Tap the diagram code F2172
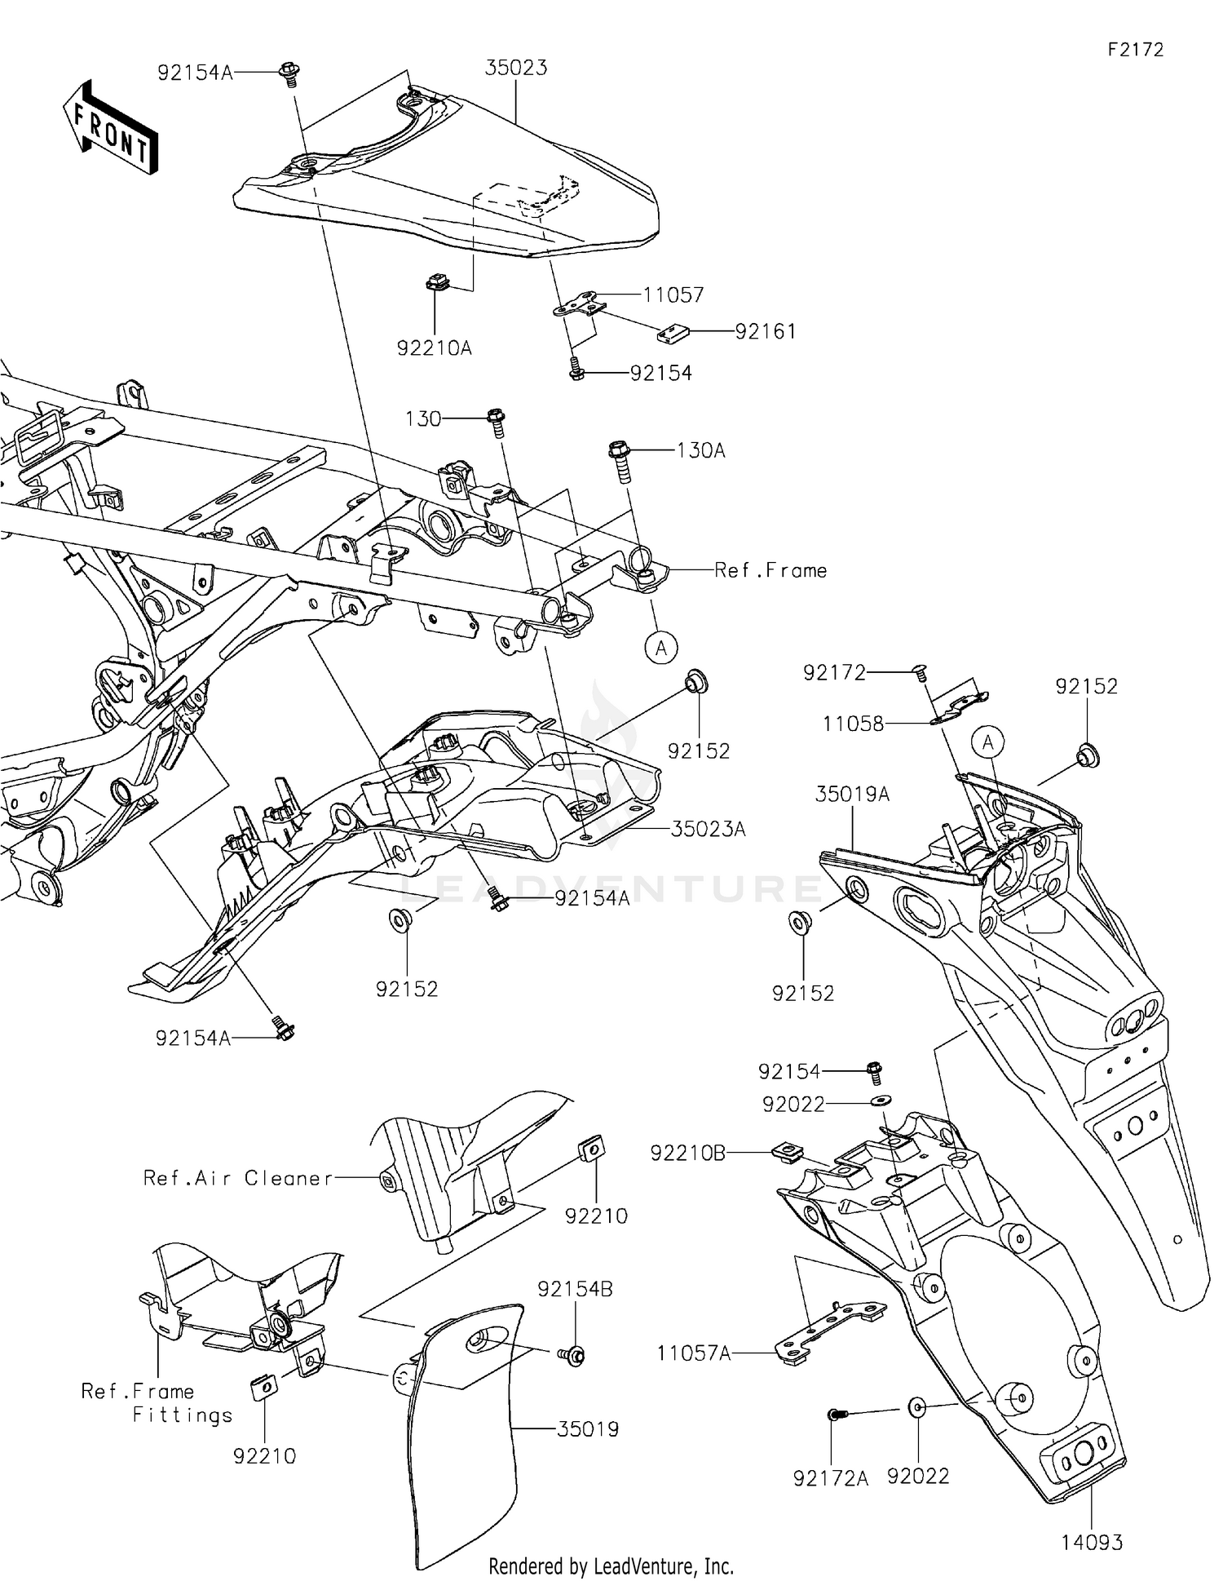1135,50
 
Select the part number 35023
516,68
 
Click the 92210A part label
435,348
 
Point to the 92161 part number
766,332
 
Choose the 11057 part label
673,294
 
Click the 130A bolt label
700,450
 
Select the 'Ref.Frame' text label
770,570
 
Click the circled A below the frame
661,649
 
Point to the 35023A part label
708,829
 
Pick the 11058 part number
854,724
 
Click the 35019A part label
853,794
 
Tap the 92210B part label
687,1154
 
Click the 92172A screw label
831,1477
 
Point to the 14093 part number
1092,1543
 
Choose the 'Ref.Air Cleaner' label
238,1178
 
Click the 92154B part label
575,1290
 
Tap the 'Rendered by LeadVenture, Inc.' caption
611,1566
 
